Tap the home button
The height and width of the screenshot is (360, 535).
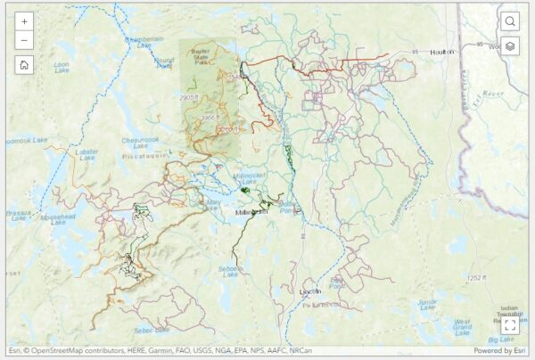24,64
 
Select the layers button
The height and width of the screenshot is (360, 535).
510,45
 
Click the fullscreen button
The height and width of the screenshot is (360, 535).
510,325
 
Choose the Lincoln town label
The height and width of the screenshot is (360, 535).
309,291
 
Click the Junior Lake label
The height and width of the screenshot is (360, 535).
428,305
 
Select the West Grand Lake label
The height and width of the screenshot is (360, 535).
461,323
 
